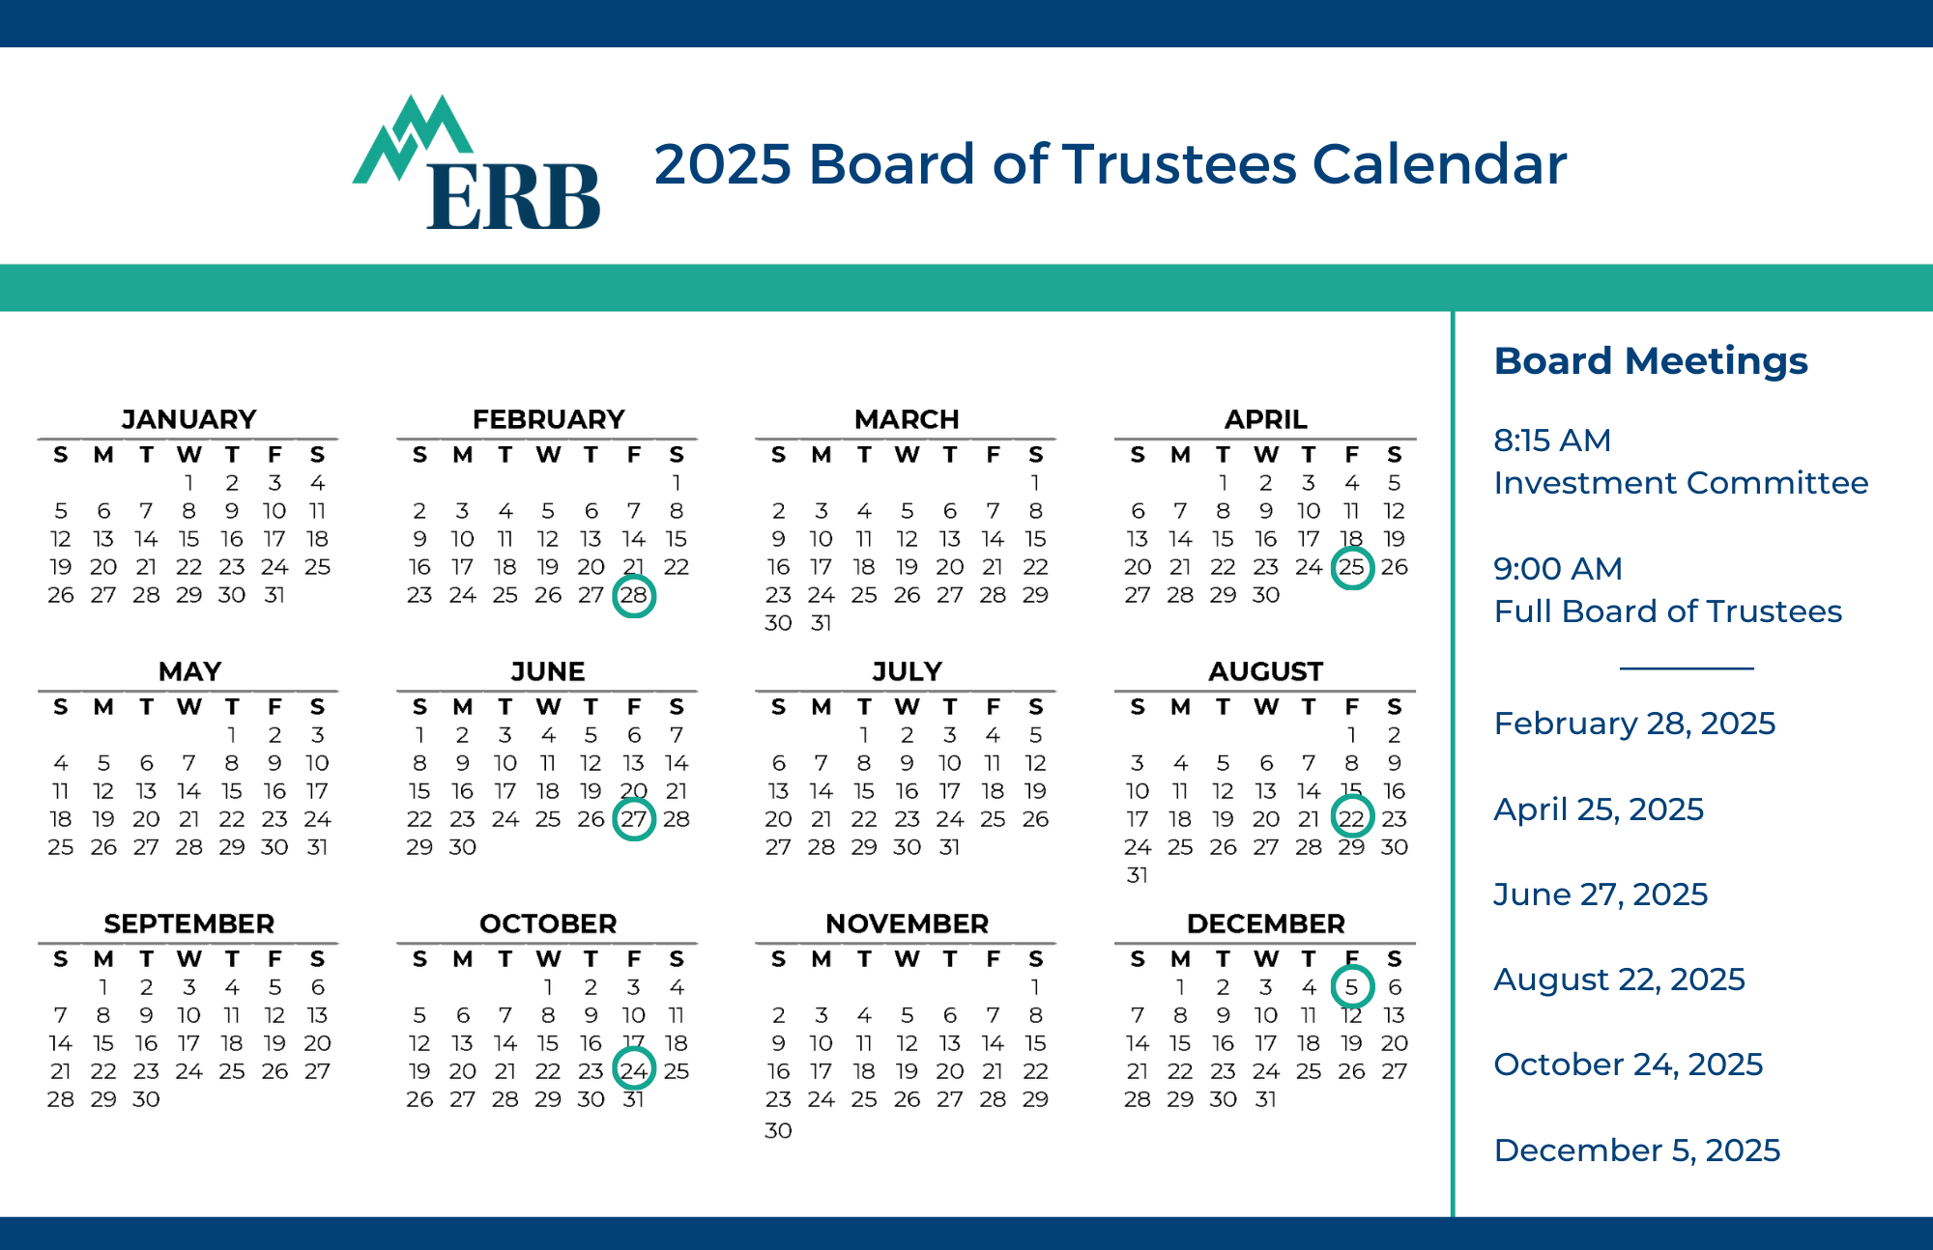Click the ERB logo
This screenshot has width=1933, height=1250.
476,162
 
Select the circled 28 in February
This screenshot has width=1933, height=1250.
634,595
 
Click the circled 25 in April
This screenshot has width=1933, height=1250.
1352,567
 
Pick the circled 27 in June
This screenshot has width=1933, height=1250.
634,819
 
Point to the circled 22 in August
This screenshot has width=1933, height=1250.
1352,819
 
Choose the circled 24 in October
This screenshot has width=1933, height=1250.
634,1071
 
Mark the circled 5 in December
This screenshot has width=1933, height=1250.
1352,987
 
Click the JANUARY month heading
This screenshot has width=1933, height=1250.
189,419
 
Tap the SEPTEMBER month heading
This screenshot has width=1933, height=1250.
189,923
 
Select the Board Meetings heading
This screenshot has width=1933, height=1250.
1651,361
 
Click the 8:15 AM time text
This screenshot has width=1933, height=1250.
1552,440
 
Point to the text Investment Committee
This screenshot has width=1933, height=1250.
1681,483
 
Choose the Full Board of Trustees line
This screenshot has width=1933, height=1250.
1668,611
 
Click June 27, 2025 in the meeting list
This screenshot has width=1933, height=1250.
1601,895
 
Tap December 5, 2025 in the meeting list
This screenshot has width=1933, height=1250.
1637,1151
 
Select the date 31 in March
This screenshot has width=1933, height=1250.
822,623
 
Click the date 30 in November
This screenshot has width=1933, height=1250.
778,1130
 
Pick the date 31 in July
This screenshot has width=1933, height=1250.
950,847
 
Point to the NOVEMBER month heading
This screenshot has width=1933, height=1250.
908,923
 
